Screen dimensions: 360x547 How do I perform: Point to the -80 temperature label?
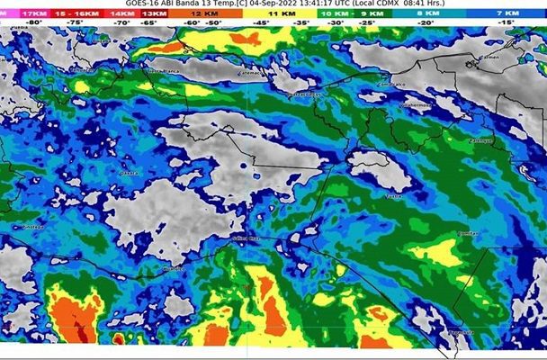(x=33, y=23)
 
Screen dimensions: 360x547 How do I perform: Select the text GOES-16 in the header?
(x=144, y=4)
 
